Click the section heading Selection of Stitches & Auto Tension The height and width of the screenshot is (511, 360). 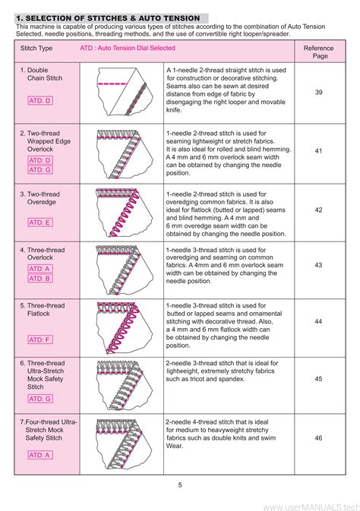[x=108, y=17]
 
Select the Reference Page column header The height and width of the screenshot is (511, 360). [x=317, y=52]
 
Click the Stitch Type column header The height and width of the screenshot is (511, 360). [x=36, y=48]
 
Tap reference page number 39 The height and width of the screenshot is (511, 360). [x=318, y=92]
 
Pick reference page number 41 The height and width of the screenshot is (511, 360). [x=318, y=151]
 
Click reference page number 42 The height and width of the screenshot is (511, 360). [x=318, y=210]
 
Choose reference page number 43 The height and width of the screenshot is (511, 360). [x=318, y=265]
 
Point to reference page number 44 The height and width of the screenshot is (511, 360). [x=318, y=322]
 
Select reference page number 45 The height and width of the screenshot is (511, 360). [x=318, y=379]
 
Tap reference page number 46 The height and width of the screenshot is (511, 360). [x=318, y=439]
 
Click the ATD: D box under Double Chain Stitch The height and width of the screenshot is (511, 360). [x=40, y=100]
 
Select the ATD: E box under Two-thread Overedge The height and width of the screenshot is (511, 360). [x=40, y=222]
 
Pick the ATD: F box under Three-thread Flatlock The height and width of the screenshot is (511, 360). [x=40, y=340]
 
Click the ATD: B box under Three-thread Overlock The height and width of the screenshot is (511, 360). [x=40, y=278]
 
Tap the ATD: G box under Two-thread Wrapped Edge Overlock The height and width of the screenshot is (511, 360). [x=40, y=170]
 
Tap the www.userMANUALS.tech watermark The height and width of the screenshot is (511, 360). [x=308, y=503]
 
